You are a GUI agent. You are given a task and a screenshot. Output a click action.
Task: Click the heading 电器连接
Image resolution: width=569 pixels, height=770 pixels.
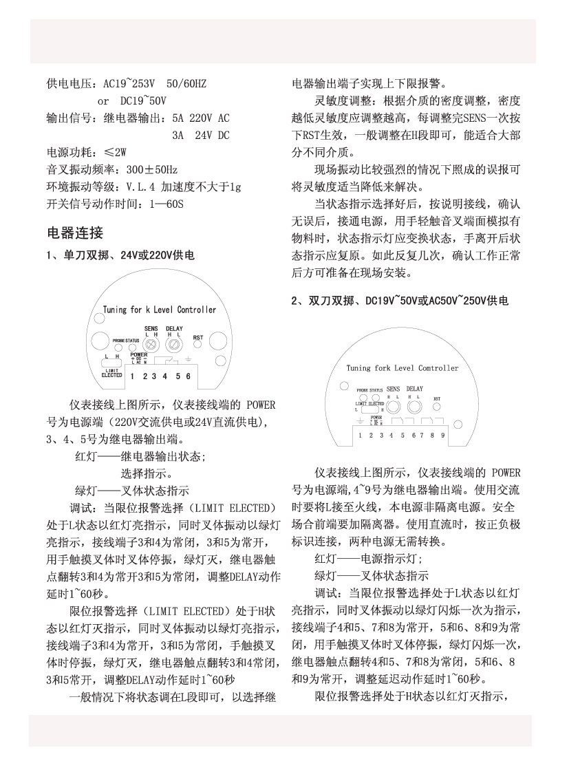coord(74,232)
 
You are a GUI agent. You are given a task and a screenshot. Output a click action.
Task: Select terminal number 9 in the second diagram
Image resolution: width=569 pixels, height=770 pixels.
coord(442,435)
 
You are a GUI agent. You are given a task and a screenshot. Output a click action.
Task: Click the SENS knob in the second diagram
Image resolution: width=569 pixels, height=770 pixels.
coord(393,407)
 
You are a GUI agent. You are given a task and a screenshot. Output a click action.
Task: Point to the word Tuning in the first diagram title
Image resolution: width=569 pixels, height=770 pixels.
coord(115,310)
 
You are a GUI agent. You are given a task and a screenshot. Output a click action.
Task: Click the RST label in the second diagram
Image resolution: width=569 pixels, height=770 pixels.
coord(437,398)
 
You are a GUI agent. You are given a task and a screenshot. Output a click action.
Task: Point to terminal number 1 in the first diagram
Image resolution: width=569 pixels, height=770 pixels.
coord(132,376)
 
